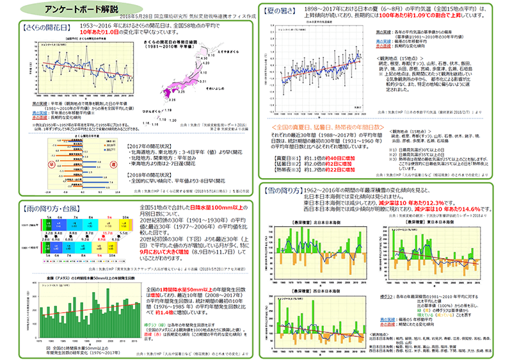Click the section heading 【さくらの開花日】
(42, 28)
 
